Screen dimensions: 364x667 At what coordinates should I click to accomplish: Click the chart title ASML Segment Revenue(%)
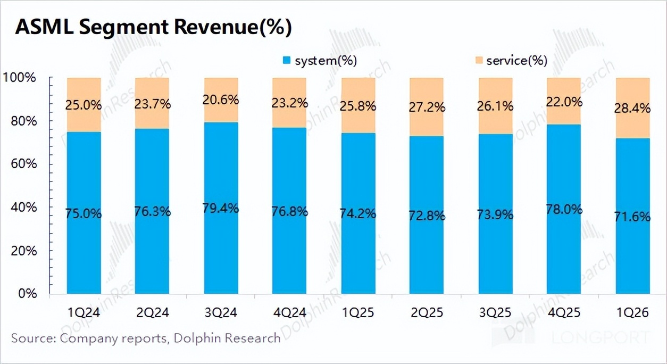click(154, 27)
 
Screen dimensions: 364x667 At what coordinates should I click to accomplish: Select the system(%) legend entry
click(320, 61)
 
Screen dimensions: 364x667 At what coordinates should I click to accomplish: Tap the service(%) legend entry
click(510, 61)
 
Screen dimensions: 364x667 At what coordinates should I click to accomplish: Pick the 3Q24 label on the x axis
click(221, 313)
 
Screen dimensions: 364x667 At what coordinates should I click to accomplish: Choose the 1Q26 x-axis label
click(632, 313)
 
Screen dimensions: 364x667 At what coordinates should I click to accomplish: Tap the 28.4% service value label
click(632, 109)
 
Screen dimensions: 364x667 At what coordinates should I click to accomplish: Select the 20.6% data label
click(221, 100)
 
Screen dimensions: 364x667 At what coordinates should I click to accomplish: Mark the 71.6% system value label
click(632, 217)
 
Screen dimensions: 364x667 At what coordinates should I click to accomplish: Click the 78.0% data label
click(564, 209)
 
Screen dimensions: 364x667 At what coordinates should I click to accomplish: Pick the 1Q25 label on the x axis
click(358, 313)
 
